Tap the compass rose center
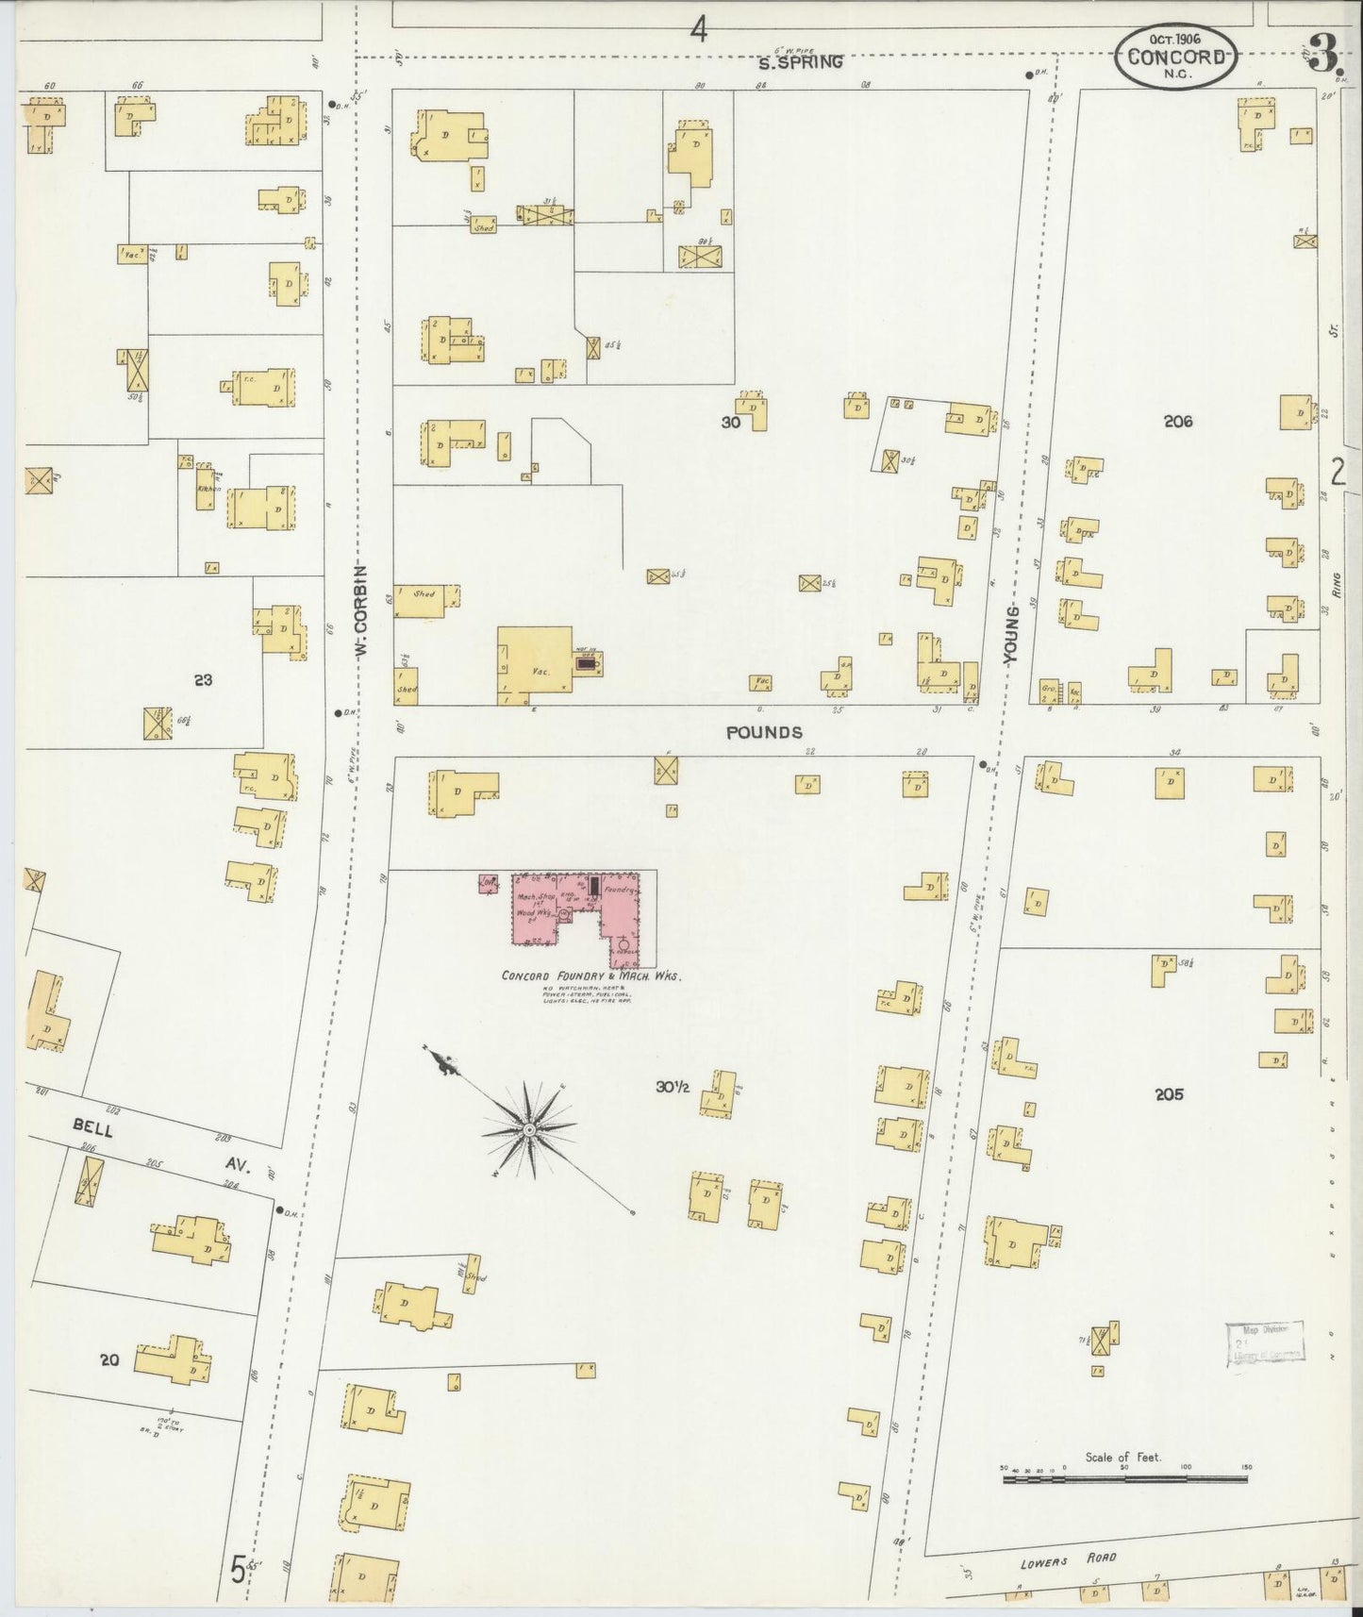pyautogui.click(x=530, y=1127)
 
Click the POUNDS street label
pyautogui.click(x=764, y=732)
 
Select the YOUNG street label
pyautogui.click(x=1011, y=638)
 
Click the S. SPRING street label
pyautogui.click(x=801, y=63)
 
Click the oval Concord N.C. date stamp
pyautogui.click(x=1175, y=57)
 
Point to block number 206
pyautogui.click(x=1178, y=422)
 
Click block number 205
pyautogui.click(x=1169, y=1094)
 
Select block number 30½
pyautogui.click(x=673, y=1087)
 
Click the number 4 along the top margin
pyautogui.click(x=698, y=31)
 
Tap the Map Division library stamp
pyautogui.click(x=1266, y=1343)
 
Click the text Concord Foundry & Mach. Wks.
pyautogui.click(x=590, y=975)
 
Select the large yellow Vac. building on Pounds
pyautogui.click(x=535, y=660)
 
